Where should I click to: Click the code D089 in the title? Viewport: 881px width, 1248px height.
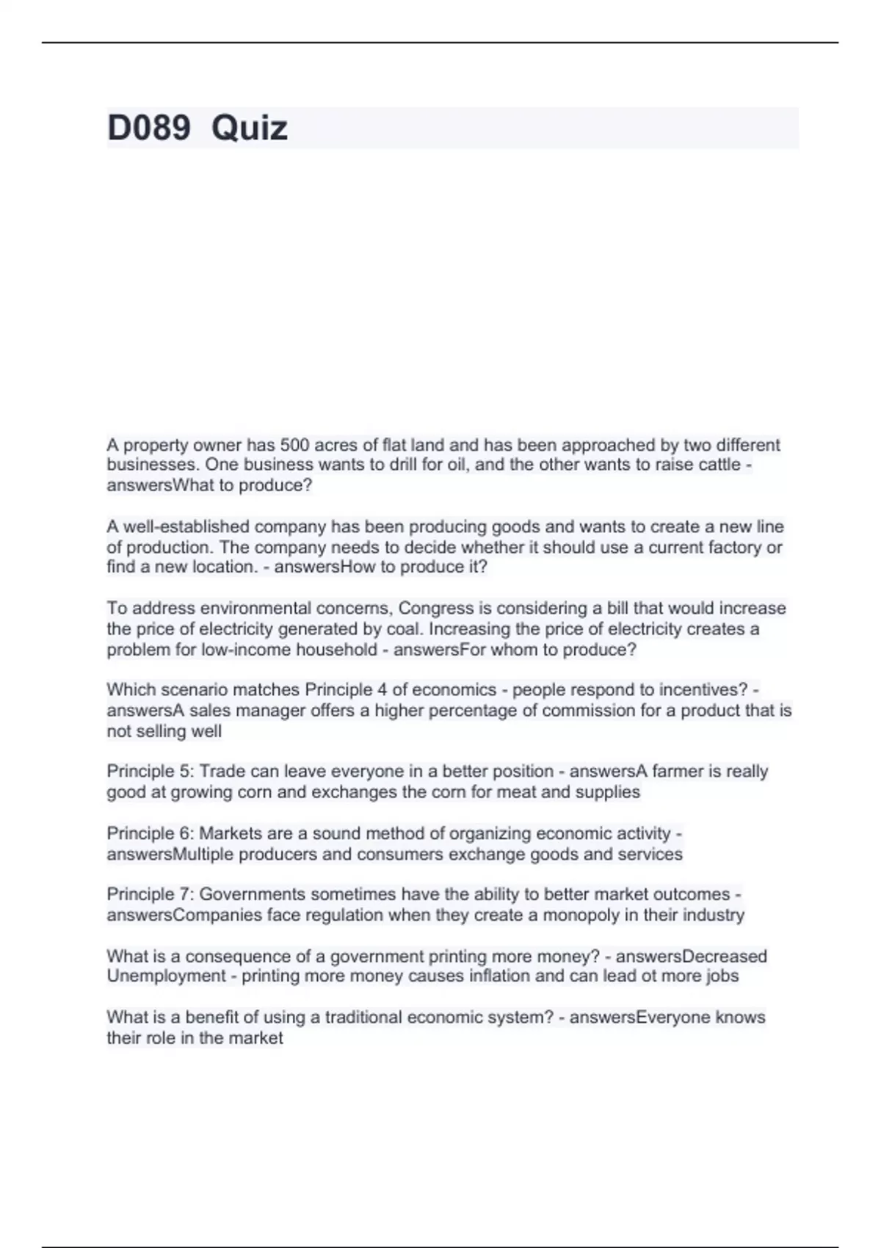[x=148, y=128]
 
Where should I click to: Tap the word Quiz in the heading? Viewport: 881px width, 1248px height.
[x=249, y=128]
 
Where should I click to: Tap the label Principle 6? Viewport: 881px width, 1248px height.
[x=150, y=834]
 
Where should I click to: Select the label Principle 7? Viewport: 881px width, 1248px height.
[x=150, y=894]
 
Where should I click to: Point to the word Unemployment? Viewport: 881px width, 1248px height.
[x=166, y=976]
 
